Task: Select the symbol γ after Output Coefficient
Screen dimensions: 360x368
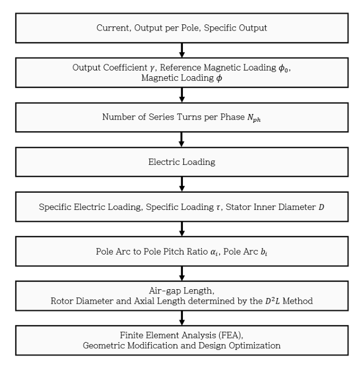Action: pyautogui.click(x=152, y=68)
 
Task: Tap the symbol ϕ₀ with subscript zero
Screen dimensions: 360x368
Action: pyautogui.click(x=284, y=68)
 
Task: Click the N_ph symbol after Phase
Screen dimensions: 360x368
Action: pyautogui.click(x=254, y=118)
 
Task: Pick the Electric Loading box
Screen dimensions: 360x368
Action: pyautogui.click(x=182, y=162)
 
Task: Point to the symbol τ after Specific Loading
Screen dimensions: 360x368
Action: pyautogui.click(x=219, y=207)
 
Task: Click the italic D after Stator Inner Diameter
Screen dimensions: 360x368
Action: pyautogui.click(x=321, y=207)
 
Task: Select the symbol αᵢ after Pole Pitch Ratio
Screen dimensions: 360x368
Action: pyautogui.click(x=214, y=252)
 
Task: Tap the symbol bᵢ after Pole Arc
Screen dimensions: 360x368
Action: pyautogui.click(x=264, y=252)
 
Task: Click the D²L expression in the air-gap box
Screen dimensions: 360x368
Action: pyautogui.click(x=272, y=301)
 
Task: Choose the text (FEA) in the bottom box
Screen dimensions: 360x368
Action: pyautogui.click(x=231, y=335)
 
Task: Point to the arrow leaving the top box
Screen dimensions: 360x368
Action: pyautogui.click(x=182, y=50)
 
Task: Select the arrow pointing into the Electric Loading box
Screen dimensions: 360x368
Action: pyautogui.click(x=182, y=139)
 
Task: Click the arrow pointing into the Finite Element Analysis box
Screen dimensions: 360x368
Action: pyautogui.click(x=182, y=318)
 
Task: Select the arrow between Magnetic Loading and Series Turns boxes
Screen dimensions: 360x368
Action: pyautogui.click(x=182, y=95)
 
